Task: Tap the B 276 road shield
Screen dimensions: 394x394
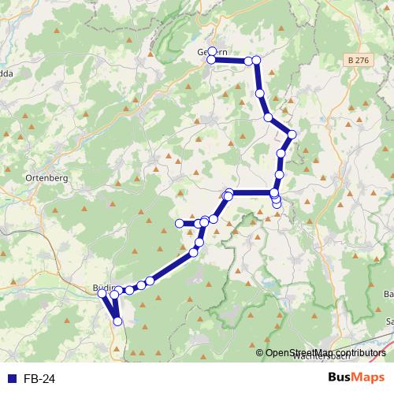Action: [x=357, y=59]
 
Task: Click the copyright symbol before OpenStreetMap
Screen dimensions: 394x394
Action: [x=259, y=353]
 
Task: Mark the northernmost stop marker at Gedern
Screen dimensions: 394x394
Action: [x=211, y=51]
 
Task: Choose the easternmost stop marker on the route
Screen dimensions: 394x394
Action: [x=292, y=135]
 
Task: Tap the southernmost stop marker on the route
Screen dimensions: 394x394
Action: [x=118, y=322]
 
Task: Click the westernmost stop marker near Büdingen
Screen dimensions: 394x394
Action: [x=101, y=293]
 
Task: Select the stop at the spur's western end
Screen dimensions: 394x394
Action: [x=179, y=224]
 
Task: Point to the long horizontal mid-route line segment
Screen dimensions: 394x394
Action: [x=251, y=193]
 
